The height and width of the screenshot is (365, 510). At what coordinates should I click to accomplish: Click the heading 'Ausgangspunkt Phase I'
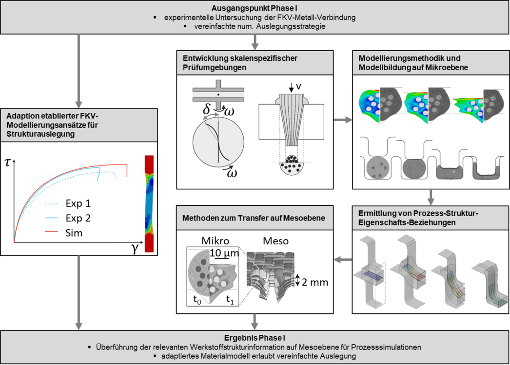pos(255,8)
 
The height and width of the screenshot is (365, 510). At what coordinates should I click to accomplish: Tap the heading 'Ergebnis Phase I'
pos(255,338)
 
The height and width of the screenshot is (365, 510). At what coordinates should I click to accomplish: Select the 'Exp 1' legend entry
pos(78,203)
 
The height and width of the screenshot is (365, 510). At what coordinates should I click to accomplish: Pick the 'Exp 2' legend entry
pos(78,218)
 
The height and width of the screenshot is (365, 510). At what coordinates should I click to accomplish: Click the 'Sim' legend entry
pos(74,233)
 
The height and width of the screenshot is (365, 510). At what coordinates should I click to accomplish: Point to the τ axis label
pos(8,162)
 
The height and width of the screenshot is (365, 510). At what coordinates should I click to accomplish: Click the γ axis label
pos(135,248)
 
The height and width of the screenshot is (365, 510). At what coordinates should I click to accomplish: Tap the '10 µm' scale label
pos(224,253)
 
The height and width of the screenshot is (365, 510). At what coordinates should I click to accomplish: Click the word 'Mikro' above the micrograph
pos(216,240)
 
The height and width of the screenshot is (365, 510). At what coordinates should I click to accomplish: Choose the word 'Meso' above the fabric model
pos(275,240)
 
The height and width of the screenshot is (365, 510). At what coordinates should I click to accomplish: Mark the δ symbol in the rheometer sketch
pos(206,109)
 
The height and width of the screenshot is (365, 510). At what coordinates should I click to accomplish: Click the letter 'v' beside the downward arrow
pos(298,86)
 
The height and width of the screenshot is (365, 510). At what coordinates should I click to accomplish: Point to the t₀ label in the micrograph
pos(197,299)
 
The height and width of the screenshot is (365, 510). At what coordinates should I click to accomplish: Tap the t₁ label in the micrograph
pos(230,299)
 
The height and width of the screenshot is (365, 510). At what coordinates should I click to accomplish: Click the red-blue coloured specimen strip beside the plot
pos(149,203)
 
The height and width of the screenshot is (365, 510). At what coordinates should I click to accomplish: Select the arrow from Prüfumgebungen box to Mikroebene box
pos(343,120)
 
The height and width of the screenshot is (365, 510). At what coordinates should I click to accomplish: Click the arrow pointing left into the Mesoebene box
pos(343,259)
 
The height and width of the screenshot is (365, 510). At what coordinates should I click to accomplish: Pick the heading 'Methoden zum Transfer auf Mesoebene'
pos(254,218)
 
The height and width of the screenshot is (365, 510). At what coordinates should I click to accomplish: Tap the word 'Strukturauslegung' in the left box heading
pos(40,134)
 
